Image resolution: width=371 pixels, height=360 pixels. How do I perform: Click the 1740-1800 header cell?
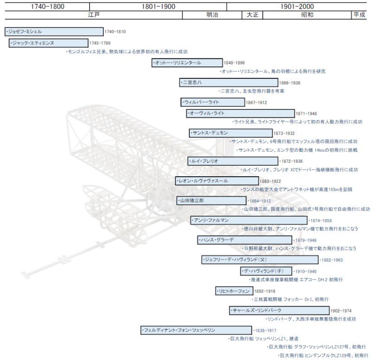(x=47, y=6)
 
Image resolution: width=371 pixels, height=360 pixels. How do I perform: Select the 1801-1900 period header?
(x=158, y=6)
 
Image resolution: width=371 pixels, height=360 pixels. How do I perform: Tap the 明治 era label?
(x=212, y=15)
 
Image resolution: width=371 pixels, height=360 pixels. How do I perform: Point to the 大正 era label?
(x=252, y=15)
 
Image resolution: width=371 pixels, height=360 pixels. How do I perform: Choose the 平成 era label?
(x=359, y=15)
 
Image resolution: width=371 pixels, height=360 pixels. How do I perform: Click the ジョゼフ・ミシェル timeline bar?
(x=54, y=32)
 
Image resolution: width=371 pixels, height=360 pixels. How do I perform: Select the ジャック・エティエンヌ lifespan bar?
(x=49, y=43)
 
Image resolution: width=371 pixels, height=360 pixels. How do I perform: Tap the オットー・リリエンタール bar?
(x=187, y=63)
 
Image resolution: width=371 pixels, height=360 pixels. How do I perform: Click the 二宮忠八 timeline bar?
(x=229, y=83)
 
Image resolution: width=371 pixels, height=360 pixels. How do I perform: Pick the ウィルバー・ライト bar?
(x=213, y=102)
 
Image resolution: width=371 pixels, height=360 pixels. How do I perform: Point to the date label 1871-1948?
(x=306, y=114)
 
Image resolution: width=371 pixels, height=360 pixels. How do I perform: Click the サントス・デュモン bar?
(x=230, y=133)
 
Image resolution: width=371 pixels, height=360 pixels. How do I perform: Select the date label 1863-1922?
(x=270, y=181)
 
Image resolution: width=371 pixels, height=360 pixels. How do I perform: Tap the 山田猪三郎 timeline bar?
(x=211, y=201)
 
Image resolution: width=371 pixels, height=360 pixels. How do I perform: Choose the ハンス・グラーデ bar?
(x=245, y=240)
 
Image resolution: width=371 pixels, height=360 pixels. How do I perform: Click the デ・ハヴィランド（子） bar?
(x=266, y=271)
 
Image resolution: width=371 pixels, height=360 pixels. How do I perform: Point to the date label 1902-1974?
(x=341, y=311)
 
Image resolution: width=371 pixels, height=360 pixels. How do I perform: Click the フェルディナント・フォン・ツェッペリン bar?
(x=196, y=330)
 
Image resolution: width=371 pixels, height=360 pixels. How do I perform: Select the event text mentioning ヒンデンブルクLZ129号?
(x=323, y=355)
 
